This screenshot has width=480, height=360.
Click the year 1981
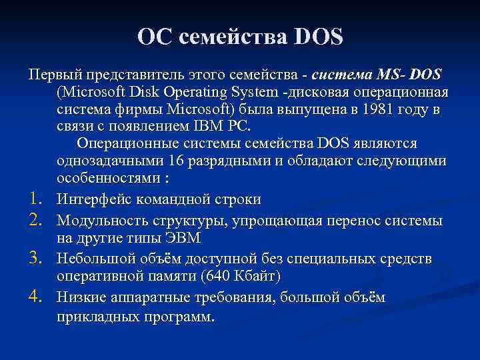[371, 109]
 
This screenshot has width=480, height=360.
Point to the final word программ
[185, 316]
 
